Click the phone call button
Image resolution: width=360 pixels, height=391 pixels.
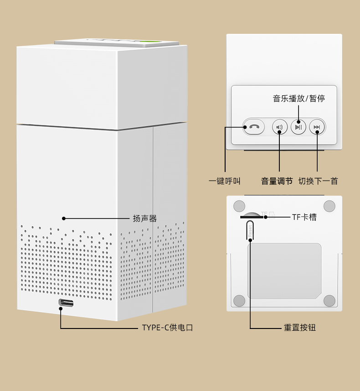(254, 127)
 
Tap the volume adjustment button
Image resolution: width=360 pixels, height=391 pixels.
(280, 127)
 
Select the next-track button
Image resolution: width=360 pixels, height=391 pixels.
(317, 127)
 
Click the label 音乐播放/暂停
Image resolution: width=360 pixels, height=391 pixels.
(299, 99)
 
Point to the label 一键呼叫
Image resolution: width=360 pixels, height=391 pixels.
(225, 181)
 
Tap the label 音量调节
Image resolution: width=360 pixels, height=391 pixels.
(277, 181)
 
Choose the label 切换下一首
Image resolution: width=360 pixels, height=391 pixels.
(318, 181)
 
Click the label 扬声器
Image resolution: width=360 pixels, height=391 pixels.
(145, 219)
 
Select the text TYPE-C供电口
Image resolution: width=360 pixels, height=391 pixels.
(167, 328)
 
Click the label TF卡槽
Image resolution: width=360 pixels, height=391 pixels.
(304, 217)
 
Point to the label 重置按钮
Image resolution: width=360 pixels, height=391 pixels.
(300, 328)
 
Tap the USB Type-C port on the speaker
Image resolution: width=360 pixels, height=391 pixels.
(66, 303)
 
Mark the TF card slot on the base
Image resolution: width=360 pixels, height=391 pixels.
(252, 217)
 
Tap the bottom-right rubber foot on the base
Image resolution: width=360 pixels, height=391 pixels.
(329, 301)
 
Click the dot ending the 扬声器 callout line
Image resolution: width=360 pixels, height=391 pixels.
(63, 219)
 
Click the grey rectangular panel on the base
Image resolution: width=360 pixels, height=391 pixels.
(284, 271)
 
